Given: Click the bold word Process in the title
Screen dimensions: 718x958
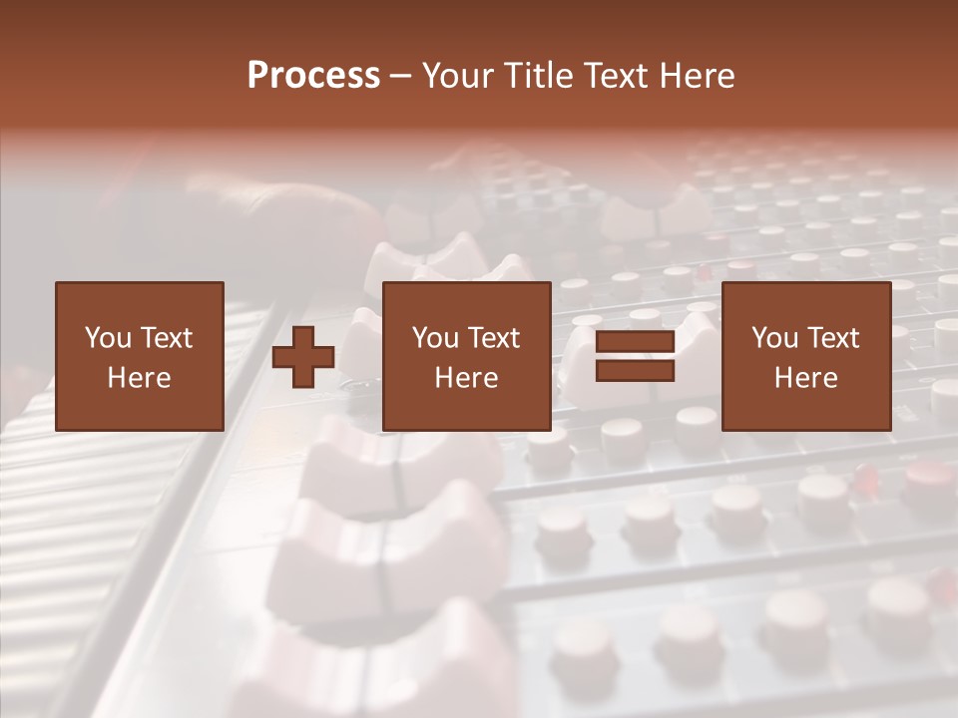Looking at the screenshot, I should pos(313,76).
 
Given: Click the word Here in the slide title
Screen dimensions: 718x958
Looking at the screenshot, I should pos(700,76).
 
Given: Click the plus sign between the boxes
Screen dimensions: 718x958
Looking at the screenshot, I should pos(303,357).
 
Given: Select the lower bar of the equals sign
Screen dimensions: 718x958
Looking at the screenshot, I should pos(635,371).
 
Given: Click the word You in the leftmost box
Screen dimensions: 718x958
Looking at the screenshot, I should pos(108,338).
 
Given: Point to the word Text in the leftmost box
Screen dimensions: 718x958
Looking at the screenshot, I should pos(166,338).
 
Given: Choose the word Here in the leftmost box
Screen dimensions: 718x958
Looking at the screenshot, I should pos(139,378).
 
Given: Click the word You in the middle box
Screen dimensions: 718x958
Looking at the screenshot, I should pos(435,338).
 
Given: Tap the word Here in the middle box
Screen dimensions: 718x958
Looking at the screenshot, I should pos(466,378).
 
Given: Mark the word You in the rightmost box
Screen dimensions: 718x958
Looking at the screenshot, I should pos(774,338).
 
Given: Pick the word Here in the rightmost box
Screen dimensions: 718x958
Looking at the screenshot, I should pos(805,378).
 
